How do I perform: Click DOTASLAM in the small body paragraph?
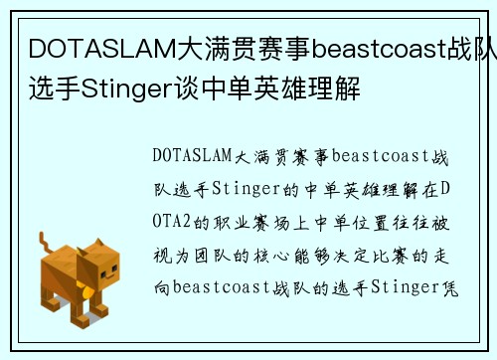coord(192,155)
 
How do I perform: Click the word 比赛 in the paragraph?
coord(401,255)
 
